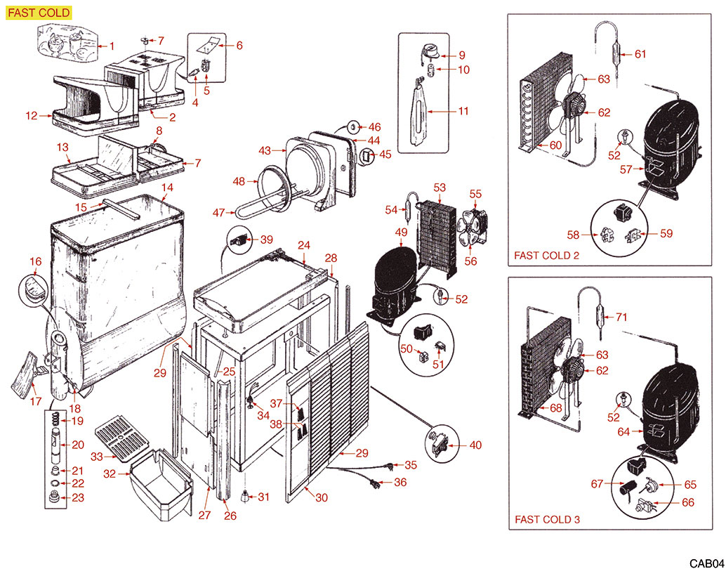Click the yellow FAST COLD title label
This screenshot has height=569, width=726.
[39, 13]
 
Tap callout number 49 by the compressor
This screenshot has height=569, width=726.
[401, 233]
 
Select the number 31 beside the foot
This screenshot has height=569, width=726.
[263, 497]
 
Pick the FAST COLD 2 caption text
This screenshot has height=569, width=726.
[546, 256]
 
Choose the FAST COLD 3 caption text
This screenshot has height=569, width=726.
[547, 520]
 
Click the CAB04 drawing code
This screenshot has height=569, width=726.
[705, 563]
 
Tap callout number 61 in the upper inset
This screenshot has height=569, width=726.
[640, 53]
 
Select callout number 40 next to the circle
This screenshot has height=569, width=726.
[475, 445]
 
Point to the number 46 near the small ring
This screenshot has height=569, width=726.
[374, 127]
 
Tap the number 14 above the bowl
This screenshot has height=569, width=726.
[167, 188]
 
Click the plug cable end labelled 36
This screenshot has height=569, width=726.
[376, 485]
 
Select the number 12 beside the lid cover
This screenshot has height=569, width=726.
[31, 115]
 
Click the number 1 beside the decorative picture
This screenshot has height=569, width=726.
[111, 46]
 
